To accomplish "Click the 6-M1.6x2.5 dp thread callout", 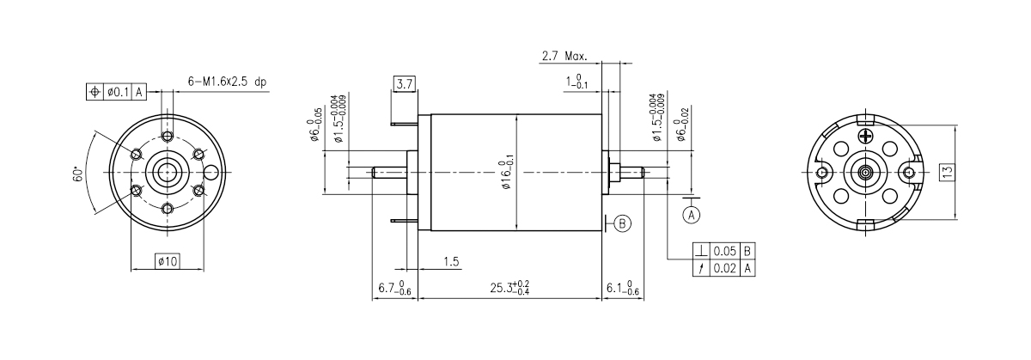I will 228,82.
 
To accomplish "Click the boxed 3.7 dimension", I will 404,83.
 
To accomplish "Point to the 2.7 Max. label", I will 564,57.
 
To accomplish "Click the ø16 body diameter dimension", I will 507,173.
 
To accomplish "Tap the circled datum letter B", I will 623,223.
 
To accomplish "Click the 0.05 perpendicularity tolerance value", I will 727,252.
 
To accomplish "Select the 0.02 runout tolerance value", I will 727,268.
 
